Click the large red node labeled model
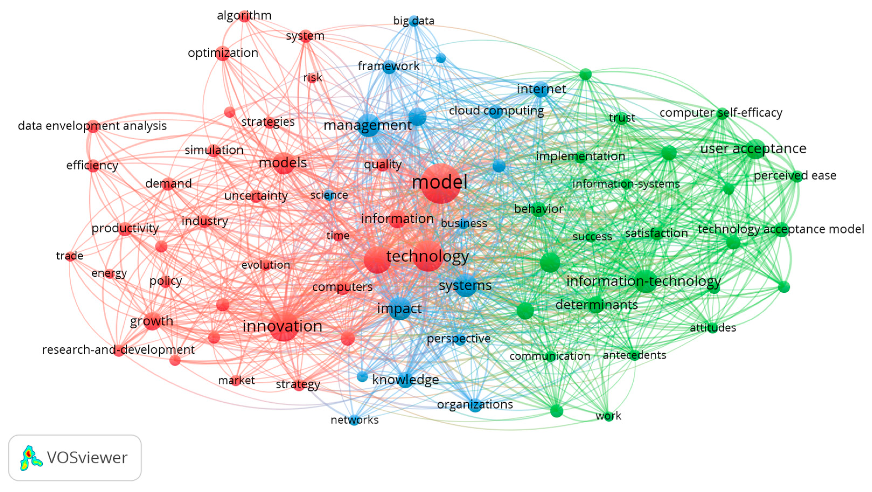tap(440, 183)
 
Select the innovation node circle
tap(284, 326)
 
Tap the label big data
tap(414, 21)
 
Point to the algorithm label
tap(244, 15)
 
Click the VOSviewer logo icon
tap(31, 458)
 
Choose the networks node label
tap(354, 420)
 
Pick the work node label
tap(608, 416)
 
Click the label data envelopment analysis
tap(92, 126)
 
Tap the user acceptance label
tap(753, 149)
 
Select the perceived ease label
tap(795, 175)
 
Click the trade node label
tap(70, 256)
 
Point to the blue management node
tap(369, 125)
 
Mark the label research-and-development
tap(118, 350)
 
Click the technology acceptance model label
tap(781, 229)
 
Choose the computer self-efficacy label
tap(721, 113)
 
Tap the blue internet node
tap(541, 89)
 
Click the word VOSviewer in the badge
tap(87, 458)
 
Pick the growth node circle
tap(152, 321)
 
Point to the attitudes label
tap(713, 328)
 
